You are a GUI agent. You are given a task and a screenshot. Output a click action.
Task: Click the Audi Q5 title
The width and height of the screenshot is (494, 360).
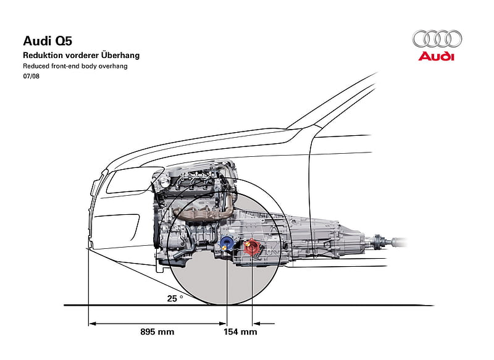coord(48,41)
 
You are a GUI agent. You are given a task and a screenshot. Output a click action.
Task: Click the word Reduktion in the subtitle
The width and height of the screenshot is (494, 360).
coord(43,55)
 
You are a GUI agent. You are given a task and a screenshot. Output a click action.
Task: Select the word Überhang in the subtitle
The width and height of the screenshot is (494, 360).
coord(120,55)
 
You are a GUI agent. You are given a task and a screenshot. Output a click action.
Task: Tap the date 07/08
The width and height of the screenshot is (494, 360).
coord(31,76)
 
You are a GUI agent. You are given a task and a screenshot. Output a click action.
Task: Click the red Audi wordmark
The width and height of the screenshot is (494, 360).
coord(437,56)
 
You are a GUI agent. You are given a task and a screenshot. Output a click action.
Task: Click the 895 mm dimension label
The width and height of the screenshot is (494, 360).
coord(157,332)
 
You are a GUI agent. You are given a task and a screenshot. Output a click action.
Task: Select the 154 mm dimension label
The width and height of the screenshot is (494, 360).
coord(240,332)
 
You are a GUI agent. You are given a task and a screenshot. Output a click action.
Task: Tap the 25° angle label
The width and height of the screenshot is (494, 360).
coord(175,298)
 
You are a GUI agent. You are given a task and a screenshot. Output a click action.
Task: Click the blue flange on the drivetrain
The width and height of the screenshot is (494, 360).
coord(227,243)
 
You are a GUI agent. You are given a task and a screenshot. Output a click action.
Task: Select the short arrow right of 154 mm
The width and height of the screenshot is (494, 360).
coord(264,324)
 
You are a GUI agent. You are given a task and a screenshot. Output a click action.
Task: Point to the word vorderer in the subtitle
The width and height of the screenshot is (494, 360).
coord(82,56)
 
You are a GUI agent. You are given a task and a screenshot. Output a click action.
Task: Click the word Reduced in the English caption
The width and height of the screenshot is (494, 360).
coord(36,66)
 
